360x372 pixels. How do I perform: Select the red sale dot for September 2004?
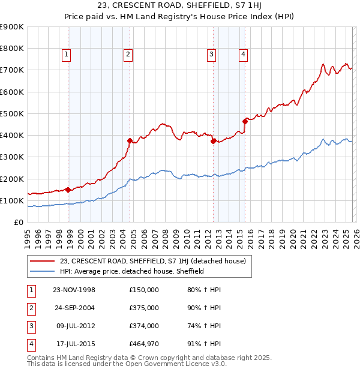pos(130,140)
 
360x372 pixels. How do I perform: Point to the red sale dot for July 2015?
pos(245,121)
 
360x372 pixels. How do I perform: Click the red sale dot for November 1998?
pos(68,190)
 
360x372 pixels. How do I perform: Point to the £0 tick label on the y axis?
pos(18,222)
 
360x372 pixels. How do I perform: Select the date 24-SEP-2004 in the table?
pos(74,308)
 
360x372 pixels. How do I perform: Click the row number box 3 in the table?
pos(31,326)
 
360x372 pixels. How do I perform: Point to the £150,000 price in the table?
pos(144,290)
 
